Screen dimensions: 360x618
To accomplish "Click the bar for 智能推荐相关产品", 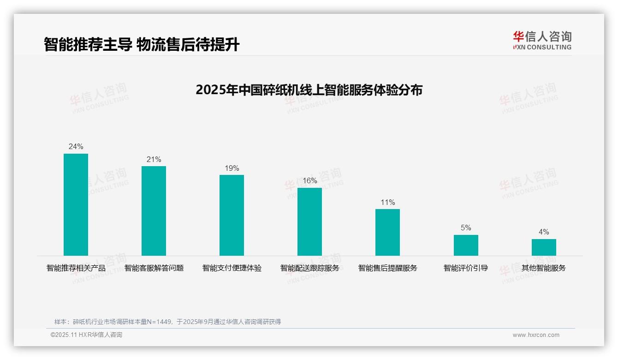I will [76, 204].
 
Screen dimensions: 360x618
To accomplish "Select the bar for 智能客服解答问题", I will [154, 211].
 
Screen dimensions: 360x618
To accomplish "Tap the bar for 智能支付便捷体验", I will [232, 215].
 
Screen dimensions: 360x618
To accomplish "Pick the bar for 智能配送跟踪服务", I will [309, 222].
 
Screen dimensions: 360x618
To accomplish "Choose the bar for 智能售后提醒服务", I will [387, 232].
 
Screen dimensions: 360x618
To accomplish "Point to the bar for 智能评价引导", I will [466, 245].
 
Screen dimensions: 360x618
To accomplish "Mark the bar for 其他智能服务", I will [544, 247].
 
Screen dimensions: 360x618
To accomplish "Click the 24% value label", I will [76, 147].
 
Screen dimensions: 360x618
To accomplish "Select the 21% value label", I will [154, 160].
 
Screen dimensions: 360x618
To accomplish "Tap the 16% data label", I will [309, 181].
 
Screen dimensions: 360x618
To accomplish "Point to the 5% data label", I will [466, 228].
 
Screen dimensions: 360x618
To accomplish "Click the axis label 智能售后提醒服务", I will [387, 268].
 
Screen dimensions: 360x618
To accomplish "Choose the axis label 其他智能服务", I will [544, 268].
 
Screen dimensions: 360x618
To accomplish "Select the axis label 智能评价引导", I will [466, 268].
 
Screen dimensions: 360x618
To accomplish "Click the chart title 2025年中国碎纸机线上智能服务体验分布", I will [309, 90].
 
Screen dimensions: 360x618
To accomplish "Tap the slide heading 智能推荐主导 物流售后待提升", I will [142, 44].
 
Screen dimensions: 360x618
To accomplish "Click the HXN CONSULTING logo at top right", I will [542, 41].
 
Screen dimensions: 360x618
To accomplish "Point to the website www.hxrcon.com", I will [536, 335].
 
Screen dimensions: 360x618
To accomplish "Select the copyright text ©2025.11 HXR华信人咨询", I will [86, 335].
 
